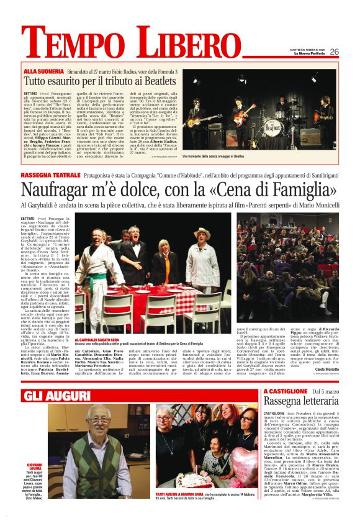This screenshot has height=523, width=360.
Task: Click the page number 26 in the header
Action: point(334,52)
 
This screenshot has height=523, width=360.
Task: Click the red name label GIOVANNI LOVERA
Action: point(34,468)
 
